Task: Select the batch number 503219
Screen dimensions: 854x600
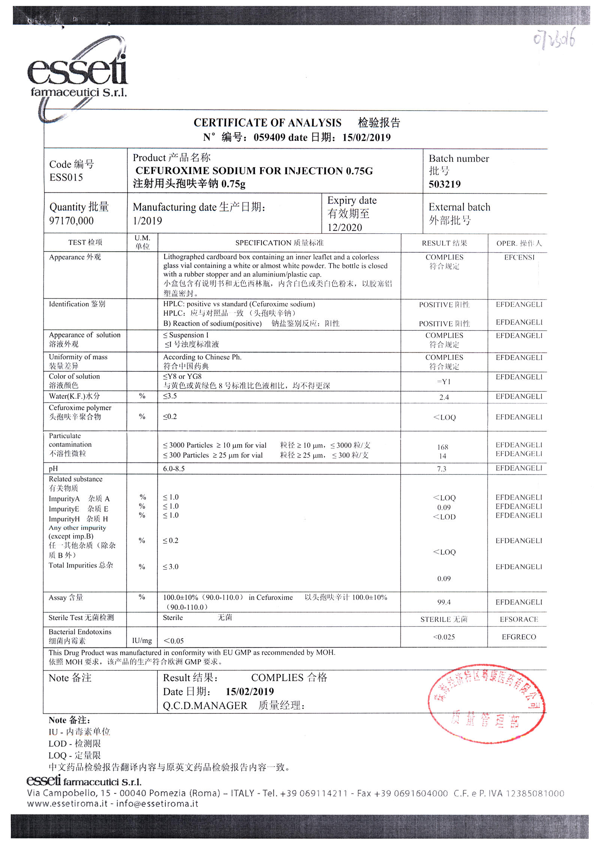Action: tap(444, 184)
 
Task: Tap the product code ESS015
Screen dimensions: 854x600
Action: tap(66, 177)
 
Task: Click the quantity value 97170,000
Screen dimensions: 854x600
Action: tap(71, 220)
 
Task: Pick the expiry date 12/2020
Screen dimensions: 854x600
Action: tap(345, 227)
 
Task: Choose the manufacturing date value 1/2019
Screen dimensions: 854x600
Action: tap(147, 220)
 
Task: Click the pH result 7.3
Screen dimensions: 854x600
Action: tap(442, 469)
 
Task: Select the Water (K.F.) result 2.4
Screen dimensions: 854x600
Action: tap(444, 397)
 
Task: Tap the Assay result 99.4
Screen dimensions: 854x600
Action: tap(444, 602)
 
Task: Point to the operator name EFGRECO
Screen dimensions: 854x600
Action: tap(519, 637)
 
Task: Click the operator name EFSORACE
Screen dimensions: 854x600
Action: tap(519, 619)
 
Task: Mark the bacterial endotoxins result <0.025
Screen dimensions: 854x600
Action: tap(444, 637)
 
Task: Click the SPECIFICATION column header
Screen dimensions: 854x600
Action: tap(279, 243)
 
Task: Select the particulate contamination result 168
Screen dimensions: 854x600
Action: tap(442, 447)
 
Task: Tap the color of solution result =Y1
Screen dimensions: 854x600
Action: tap(444, 382)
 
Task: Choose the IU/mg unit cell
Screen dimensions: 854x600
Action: tap(142, 641)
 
